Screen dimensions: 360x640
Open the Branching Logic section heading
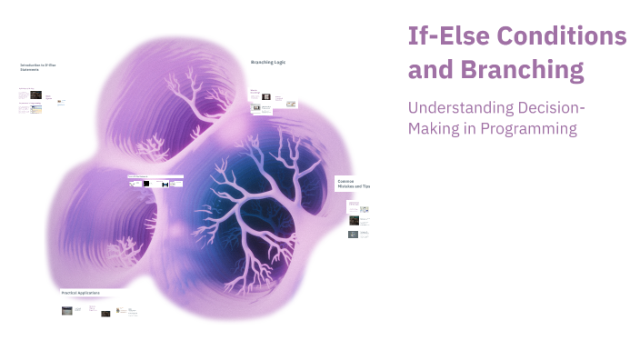268,62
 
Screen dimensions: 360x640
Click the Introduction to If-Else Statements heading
37,67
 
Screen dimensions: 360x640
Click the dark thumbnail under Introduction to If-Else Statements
35,95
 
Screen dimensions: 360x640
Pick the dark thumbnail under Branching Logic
265,96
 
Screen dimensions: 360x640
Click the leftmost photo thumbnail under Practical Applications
67,311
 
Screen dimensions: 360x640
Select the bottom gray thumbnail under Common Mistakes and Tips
354,234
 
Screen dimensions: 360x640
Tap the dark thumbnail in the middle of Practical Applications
105,314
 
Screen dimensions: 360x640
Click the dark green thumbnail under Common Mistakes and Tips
354,219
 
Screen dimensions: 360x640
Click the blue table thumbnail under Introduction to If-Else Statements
36,107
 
